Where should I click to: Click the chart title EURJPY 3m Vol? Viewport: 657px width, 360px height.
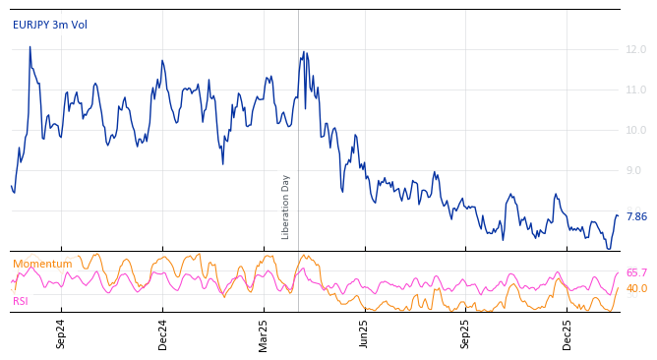coord(49,25)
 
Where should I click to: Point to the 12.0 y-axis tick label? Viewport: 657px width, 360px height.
coord(636,49)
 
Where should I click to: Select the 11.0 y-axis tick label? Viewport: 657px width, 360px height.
coord(636,90)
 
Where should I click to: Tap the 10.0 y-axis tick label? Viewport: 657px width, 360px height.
coord(636,130)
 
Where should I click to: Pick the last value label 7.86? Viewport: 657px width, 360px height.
coord(636,216)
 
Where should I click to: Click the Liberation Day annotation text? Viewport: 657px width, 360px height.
coord(286,207)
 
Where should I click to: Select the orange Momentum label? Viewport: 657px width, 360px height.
coord(42,264)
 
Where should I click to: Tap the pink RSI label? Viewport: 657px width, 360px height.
coord(20,301)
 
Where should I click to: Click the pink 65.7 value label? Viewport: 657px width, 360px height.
coord(636,272)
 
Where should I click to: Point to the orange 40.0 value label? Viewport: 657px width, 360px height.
coord(636,288)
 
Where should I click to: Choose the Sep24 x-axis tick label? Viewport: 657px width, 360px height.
coord(61,334)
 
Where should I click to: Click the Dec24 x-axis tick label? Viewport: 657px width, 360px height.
coord(163,334)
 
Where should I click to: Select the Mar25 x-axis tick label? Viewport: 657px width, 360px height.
coord(264,334)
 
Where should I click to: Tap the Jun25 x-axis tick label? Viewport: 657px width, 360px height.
coord(364,334)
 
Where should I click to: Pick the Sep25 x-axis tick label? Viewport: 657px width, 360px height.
coord(465,334)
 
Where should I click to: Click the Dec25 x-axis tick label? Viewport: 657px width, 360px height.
coord(567,334)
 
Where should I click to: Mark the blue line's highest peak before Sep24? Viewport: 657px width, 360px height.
coord(30,47)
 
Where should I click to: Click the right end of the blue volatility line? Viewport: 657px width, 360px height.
coord(618,215)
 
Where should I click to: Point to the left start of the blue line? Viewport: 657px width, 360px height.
coord(12,186)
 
